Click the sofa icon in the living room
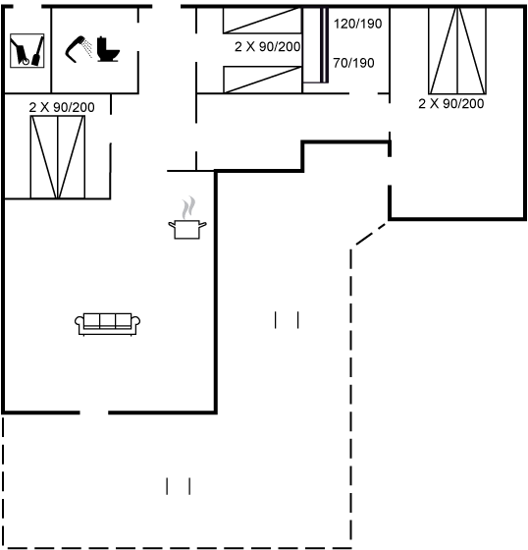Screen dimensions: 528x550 click(x=107, y=324)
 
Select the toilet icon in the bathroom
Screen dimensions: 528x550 click(x=108, y=49)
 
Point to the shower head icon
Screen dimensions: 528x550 click(x=79, y=49)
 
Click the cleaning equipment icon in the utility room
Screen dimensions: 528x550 click(x=27, y=51)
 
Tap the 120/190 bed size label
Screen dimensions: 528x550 click(x=357, y=24)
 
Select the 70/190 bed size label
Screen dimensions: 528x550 click(x=353, y=63)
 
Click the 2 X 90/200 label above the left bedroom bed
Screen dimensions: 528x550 click(x=62, y=107)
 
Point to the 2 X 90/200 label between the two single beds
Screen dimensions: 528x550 click(x=268, y=47)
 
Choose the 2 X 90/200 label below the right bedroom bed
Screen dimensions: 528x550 click(x=451, y=104)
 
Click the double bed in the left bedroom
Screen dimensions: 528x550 click(x=58, y=157)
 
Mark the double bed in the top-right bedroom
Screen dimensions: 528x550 click(x=457, y=51)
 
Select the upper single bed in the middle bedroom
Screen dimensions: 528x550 click(x=262, y=21)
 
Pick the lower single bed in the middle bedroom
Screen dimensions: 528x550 click(x=263, y=80)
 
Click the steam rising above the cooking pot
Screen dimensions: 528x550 click(x=188, y=207)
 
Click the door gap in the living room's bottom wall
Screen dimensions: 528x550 click(x=94, y=412)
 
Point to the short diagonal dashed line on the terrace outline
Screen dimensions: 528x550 click(x=371, y=234)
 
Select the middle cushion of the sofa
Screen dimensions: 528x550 click(x=107, y=320)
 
